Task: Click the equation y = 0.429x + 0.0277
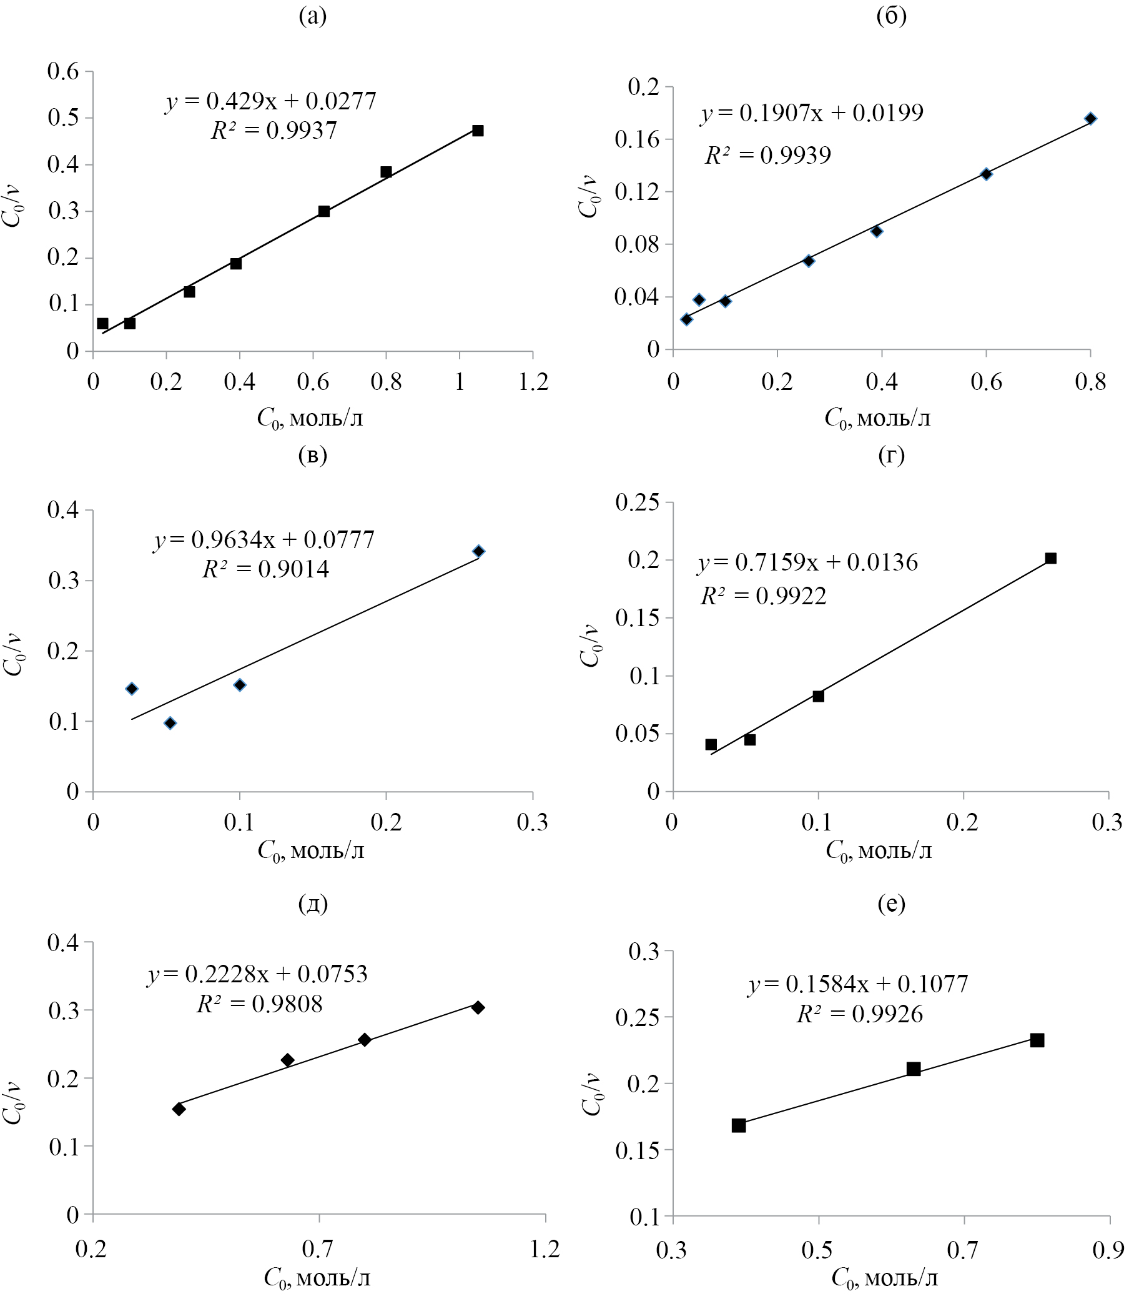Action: click(271, 101)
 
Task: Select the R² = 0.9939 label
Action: click(767, 155)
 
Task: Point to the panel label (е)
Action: click(892, 904)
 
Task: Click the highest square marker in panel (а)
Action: click(478, 131)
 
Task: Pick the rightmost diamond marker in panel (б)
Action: click(1090, 119)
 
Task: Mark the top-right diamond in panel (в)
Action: click(479, 551)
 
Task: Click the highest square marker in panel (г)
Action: click(1050, 558)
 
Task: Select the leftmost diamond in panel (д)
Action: click(179, 1109)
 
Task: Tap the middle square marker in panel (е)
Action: click(914, 1069)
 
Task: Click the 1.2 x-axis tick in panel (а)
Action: click(533, 382)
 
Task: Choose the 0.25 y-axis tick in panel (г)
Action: click(638, 502)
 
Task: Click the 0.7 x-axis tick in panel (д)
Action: click(318, 1248)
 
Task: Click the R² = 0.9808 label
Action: click(260, 1004)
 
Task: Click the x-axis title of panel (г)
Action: click(878, 851)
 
